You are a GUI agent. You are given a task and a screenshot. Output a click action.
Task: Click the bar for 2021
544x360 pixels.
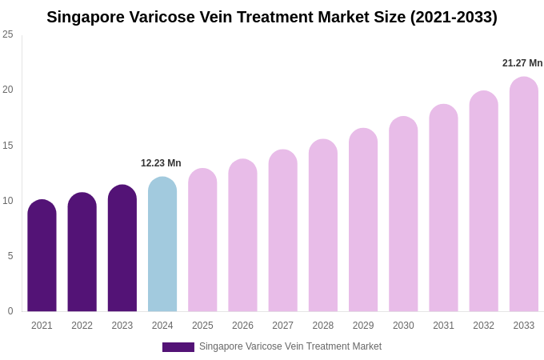(42, 256)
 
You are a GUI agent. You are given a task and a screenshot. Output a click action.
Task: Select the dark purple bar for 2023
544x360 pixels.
(122, 248)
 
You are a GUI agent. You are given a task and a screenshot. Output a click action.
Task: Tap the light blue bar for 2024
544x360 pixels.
(162, 244)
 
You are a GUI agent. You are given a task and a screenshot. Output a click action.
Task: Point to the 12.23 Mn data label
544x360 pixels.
(161, 163)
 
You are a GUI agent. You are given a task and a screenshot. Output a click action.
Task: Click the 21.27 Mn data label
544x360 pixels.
(522, 63)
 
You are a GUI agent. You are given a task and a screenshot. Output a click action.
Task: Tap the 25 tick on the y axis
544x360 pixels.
(8, 34)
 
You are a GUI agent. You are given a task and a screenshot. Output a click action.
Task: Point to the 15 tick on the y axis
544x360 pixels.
(8, 146)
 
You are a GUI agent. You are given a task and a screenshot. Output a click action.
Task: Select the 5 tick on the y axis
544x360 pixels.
(10, 256)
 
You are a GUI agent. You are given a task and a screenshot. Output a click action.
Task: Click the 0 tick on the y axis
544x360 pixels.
(10, 311)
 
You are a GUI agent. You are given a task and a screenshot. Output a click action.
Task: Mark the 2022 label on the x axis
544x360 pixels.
(82, 326)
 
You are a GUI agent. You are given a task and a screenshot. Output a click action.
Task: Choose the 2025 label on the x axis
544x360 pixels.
(202, 326)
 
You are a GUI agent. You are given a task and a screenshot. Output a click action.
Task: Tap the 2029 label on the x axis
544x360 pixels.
(363, 326)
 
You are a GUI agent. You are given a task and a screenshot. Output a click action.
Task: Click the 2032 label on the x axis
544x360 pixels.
(483, 326)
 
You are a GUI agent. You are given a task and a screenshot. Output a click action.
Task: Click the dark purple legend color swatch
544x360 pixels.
(178, 347)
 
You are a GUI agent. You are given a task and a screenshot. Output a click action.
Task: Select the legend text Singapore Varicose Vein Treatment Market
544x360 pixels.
(290, 346)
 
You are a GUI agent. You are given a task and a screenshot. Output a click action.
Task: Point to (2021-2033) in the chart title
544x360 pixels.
(454, 17)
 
